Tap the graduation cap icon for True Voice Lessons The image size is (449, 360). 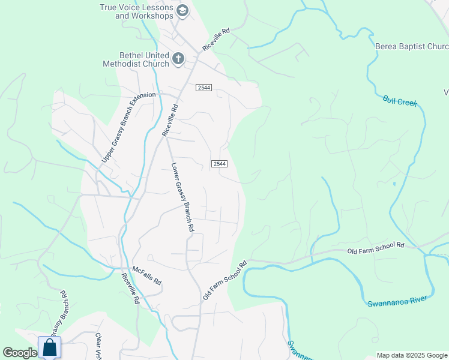click(x=183, y=10)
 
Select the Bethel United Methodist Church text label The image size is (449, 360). click(x=136, y=59)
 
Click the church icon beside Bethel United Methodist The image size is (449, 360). click(x=178, y=58)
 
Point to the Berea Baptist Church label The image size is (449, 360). click(x=412, y=46)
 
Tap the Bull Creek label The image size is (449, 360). click(x=399, y=101)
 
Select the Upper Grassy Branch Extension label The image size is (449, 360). click(x=128, y=127)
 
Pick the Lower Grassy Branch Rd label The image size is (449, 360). click(x=182, y=197)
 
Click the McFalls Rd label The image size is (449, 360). click(x=147, y=276)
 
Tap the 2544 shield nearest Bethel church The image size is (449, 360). click(x=203, y=88)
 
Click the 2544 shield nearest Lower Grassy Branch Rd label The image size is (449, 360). click(x=219, y=164)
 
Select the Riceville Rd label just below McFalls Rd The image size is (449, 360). click(x=130, y=289)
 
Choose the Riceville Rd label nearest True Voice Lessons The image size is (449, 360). click(x=217, y=39)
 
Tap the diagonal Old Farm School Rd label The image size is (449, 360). click(x=225, y=280)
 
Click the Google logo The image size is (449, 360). click(x=20, y=353)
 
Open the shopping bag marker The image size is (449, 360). click(x=49, y=347)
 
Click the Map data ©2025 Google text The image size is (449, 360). click(x=411, y=355)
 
